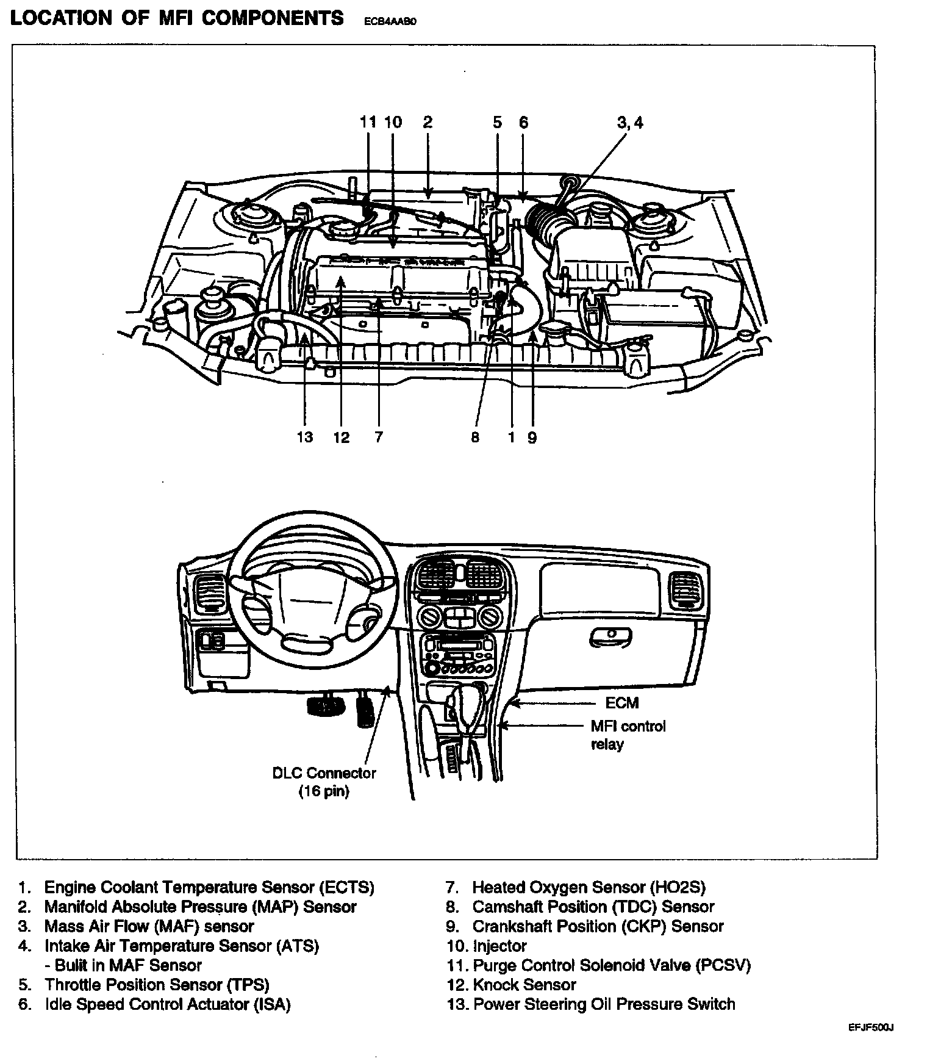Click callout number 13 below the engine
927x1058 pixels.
[305, 437]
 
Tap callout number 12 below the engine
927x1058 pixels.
[342, 437]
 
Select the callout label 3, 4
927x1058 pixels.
[630, 123]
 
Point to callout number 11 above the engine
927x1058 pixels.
[368, 122]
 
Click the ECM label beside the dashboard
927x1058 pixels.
[622, 703]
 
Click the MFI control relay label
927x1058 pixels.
[628, 735]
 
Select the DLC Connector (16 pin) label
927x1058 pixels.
[324, 782]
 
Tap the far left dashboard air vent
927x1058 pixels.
[208, 595]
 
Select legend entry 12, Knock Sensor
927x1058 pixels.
[511, 984]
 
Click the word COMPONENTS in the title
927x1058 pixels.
[273, 18]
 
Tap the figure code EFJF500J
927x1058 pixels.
[871, 1027]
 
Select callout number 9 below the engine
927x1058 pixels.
[532, 437]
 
